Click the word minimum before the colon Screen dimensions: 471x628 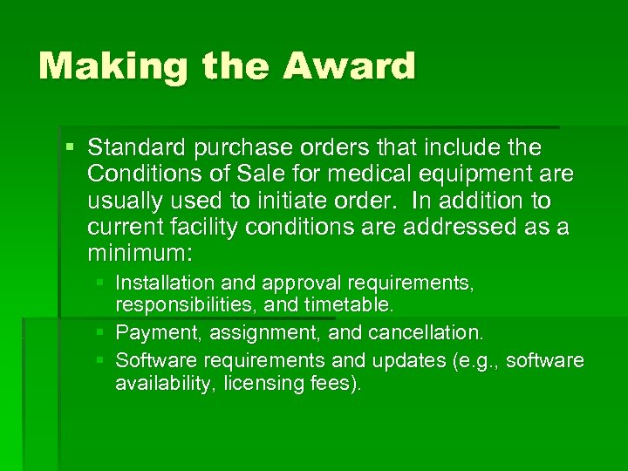140,256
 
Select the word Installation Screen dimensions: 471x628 164,283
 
